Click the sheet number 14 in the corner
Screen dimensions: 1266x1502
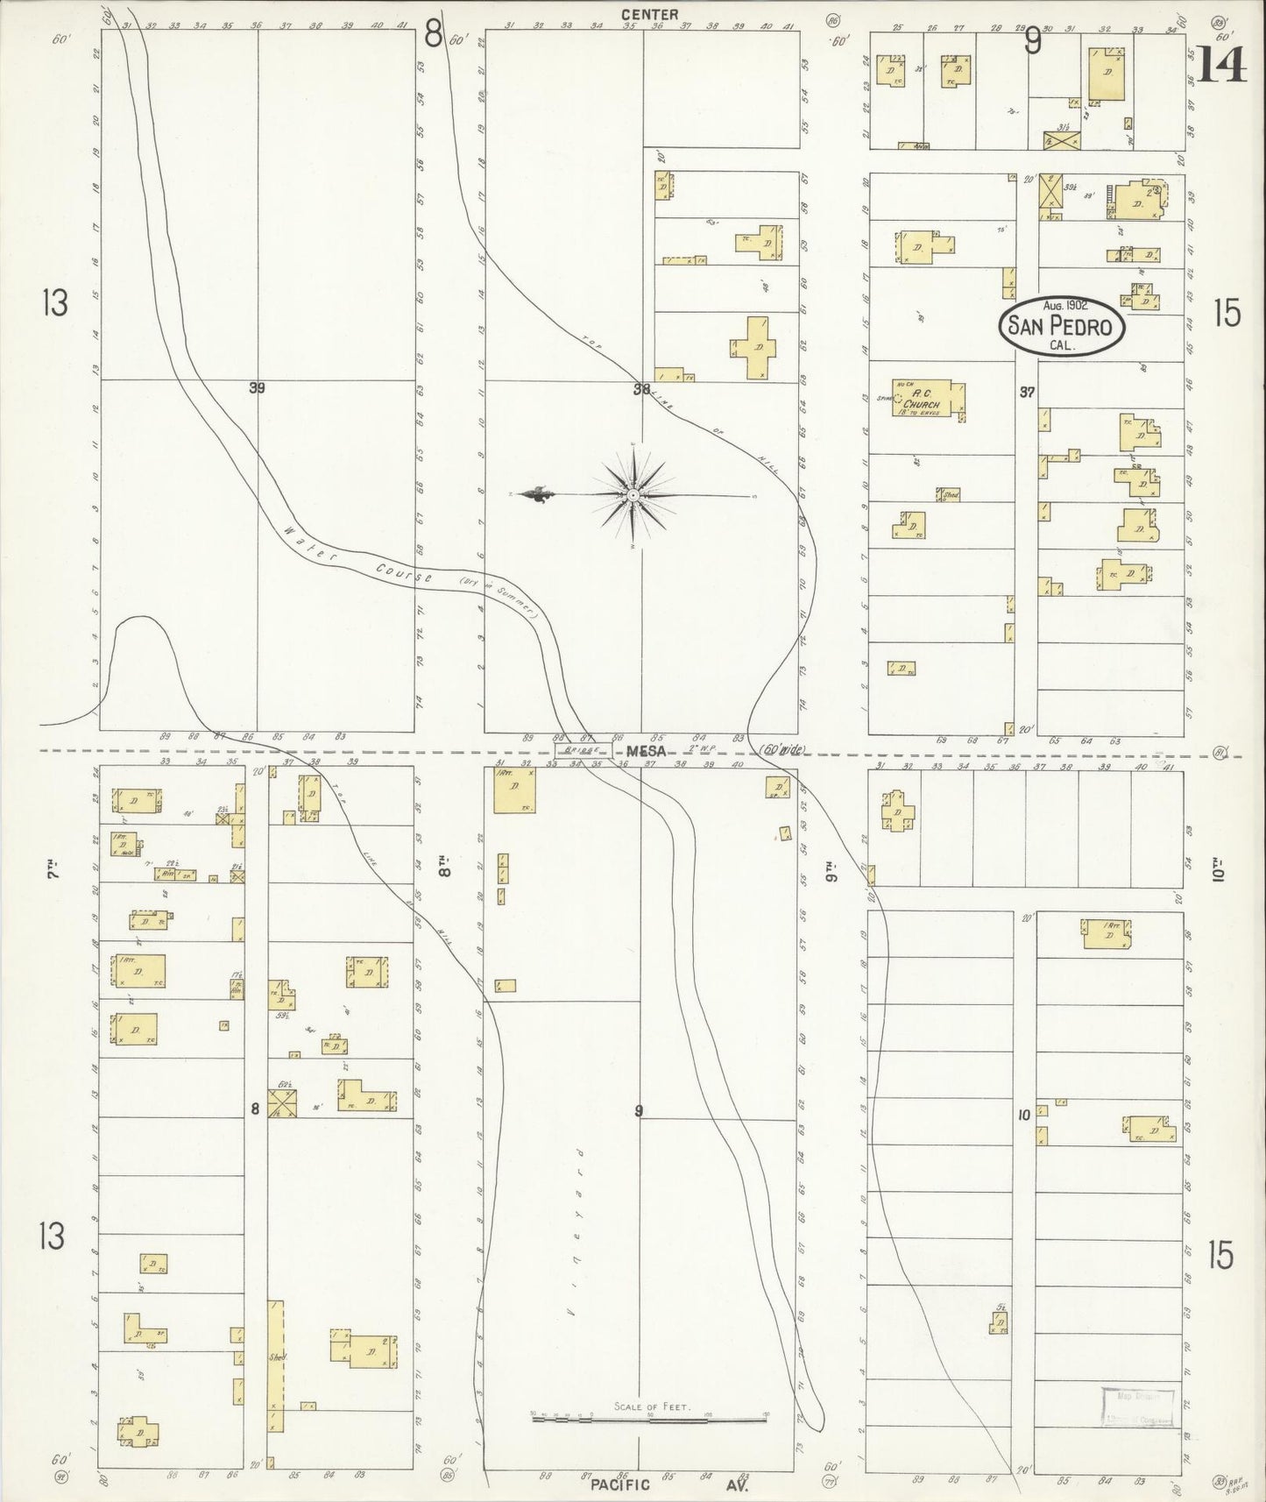click(1221, 62)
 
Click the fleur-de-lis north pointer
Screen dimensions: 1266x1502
click(534, 495)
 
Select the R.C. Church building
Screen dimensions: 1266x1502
click(929, 400)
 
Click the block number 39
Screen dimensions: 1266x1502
click(256, 387)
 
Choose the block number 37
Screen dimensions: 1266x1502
click(1027, 393)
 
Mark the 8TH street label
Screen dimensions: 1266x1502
click(445, 872)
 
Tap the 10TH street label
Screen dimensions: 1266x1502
click(1219, 872)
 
